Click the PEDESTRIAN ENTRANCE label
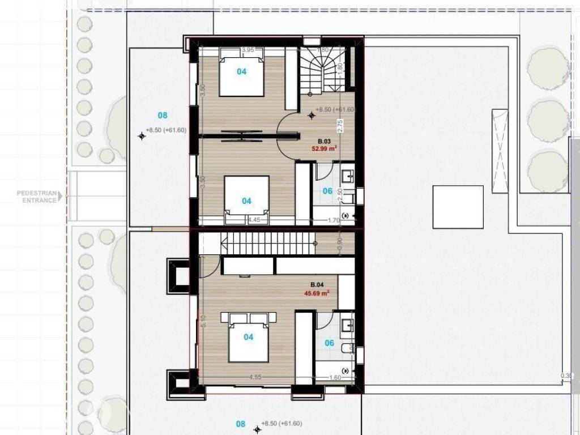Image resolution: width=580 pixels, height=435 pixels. (37, 197)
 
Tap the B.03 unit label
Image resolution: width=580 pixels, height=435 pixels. (323, 141)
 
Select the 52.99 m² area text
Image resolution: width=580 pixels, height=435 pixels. (325, 149)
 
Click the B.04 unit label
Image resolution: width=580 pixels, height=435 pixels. (317, 285)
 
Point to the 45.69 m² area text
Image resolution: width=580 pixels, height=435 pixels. (317, 293)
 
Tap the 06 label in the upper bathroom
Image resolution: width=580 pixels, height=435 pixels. (327, 191)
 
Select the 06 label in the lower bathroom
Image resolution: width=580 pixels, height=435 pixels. (329, 343)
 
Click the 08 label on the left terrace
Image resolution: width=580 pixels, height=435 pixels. (163, 116)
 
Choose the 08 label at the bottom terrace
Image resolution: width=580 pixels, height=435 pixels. (240, 424)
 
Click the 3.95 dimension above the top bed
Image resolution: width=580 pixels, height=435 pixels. (247, 50)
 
